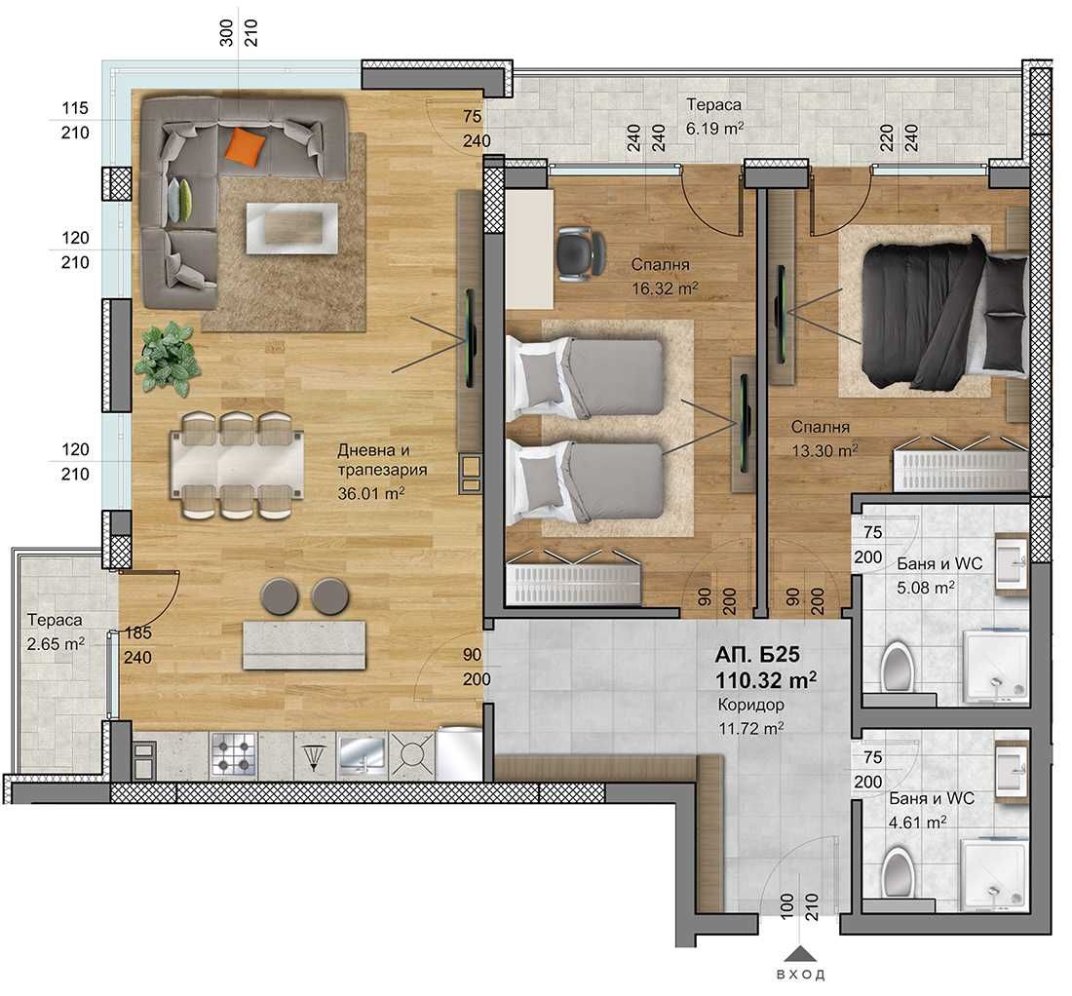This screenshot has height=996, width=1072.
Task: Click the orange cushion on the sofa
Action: pyautogui.click(x=244, y=147)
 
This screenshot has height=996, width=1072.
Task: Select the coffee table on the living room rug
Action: pyautogui.click(x=291, y=228)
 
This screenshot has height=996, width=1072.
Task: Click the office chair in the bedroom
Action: pyautogui.click(x=577, y=251)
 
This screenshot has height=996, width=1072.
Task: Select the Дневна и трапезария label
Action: pyautogui.click(x=382, y=460)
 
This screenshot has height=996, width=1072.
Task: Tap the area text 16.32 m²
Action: pyautogui.click(x=666, y=287)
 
